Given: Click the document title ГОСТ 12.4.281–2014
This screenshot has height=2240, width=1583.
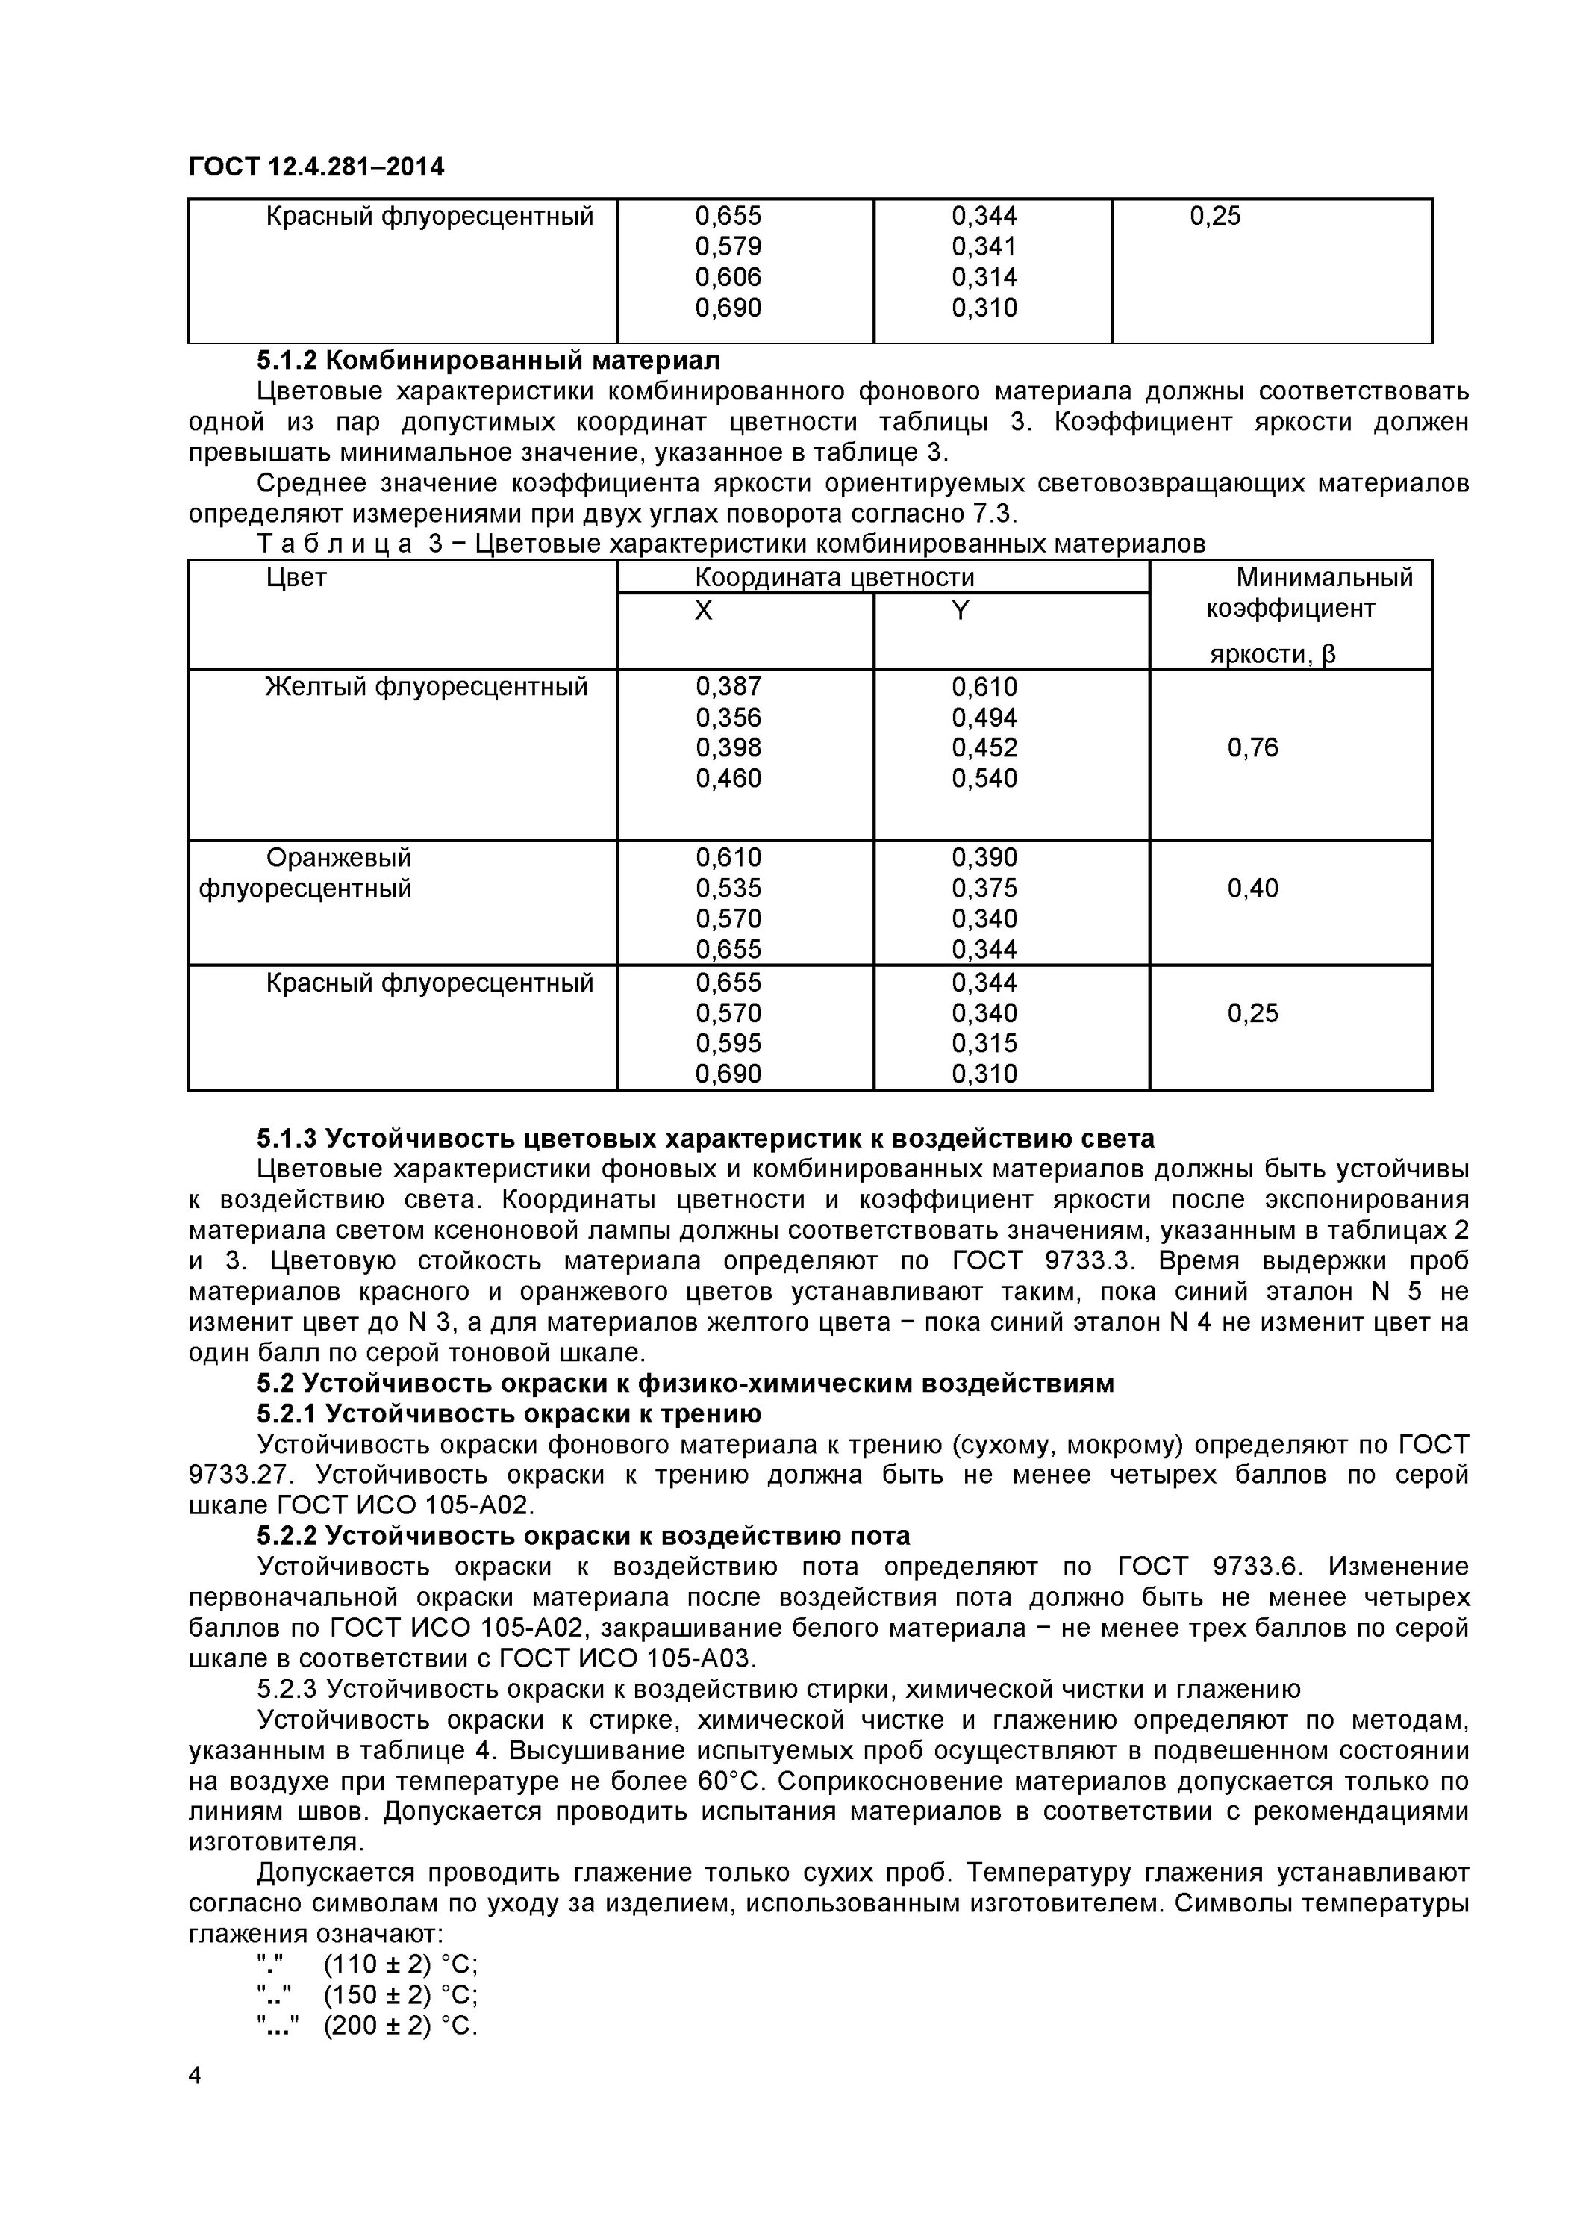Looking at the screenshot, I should (316, 167).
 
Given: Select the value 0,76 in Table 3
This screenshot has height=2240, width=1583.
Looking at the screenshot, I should (1252, 748).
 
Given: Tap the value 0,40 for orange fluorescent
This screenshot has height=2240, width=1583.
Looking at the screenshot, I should (1252, 889).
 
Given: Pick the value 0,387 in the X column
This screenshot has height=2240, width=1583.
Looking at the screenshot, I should (728, 687).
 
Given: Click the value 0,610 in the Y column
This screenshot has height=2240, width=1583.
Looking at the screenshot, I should (984, 687).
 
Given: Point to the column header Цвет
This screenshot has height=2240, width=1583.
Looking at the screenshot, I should (296, 578).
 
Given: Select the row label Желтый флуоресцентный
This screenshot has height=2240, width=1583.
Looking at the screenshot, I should (426, 687).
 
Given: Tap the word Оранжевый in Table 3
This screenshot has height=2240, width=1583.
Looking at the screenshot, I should (338, 859).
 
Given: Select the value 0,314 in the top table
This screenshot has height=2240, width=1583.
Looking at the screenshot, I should (984, 277).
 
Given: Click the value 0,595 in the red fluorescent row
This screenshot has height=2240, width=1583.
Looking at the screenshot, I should (728, 1044).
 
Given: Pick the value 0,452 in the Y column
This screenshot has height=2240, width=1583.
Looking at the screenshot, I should (984, 748).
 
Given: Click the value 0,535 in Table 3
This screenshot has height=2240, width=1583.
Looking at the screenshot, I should (728, 889).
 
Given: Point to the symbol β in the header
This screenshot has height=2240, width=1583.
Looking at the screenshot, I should (1328, 653).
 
